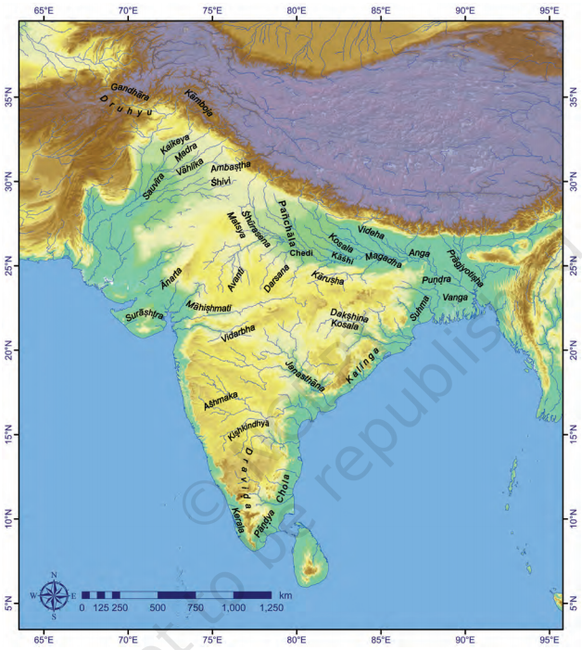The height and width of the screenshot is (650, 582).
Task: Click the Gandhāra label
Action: (129, 90)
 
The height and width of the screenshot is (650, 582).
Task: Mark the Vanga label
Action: (455, 298)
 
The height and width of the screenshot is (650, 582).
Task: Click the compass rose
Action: (55, 594)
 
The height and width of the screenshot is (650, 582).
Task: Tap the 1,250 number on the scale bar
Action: (272, 607)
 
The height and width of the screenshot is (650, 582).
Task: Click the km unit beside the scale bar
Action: (285, 594)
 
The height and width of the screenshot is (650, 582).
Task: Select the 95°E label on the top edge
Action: (549, 12)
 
